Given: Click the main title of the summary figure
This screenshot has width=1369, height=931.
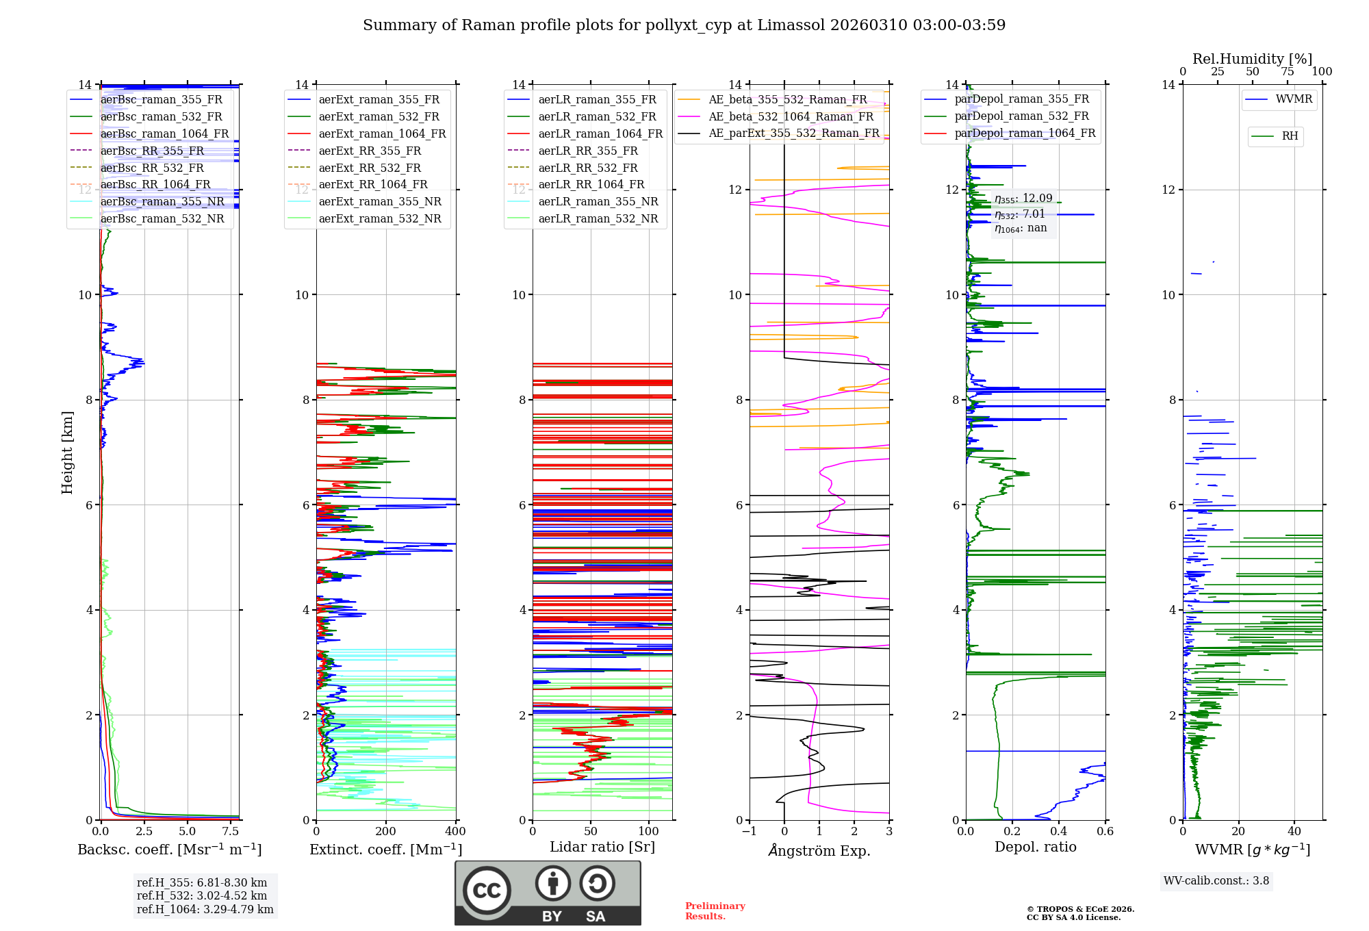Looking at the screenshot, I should pos(684,25).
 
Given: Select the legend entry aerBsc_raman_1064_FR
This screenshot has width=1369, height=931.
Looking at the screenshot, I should pos(164,133).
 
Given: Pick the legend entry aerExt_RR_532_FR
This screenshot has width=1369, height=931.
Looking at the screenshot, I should pos(370,168).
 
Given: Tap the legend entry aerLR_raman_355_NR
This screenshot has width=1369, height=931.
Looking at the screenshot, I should pos(598,201).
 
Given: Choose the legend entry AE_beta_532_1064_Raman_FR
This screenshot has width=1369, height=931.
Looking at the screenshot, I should pos(791,116).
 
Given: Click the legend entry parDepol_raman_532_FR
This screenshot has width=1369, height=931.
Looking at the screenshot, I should pos(1021,116).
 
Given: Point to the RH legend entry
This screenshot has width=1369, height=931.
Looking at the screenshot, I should pos(1290,136).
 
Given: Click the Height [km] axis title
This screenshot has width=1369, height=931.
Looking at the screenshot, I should pos(67,452).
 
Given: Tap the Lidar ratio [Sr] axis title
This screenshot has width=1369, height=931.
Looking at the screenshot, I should pos(602,847).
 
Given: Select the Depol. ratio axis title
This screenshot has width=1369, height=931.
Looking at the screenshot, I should pos(1035,847).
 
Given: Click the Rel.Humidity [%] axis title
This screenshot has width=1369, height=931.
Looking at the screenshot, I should pos(1252,59).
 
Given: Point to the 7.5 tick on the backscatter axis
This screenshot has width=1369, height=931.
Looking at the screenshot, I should pos(231,831).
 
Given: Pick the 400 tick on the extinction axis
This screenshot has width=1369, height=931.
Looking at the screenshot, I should pos(455,831).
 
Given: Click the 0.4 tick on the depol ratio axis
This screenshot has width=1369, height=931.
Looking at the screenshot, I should pos(1058,831).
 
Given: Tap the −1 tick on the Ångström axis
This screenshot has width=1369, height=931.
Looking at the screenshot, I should pos(749,831).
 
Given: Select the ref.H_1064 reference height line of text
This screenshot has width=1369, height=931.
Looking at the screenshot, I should pos(205,909).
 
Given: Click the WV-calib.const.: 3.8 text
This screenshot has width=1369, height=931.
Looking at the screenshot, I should pos(1216,880).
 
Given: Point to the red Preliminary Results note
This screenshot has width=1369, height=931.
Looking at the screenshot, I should pos(715,910).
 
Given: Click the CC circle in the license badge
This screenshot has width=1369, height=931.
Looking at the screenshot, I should pos(487,891).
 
